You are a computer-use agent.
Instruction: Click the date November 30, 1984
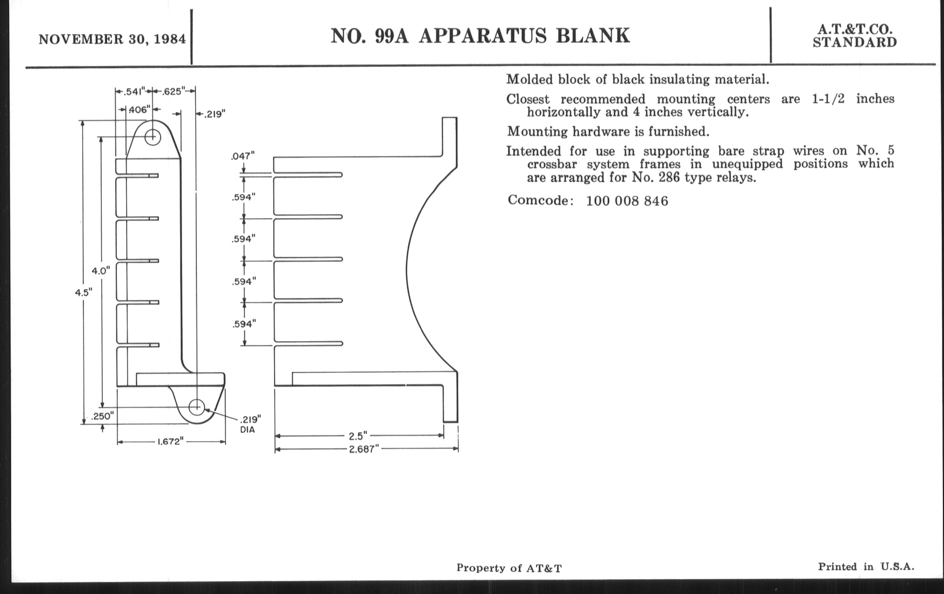(x=112, y=40)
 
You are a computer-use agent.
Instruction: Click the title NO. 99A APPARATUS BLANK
(x=480, y=36)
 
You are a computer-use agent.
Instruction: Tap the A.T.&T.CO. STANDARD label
(x=855, y=36)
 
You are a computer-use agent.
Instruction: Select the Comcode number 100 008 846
(x=627, y=201)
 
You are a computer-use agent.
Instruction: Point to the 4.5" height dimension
(x=83, y=292)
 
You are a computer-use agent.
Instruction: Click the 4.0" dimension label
(x=101, y=271)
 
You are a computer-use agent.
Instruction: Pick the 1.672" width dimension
(x=170, y=441)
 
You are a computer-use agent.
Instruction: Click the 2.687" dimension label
(x=364, y=449)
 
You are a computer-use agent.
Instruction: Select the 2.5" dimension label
(x=358, y=436)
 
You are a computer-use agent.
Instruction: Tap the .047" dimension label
(x=243, y=156)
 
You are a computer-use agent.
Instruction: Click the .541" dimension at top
(x=134, y=91)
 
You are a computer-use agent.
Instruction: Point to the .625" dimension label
(x=173, y=91)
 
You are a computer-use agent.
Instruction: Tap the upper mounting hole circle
(x=153, y=137)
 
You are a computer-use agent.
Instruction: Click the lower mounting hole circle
(x=197, y=407)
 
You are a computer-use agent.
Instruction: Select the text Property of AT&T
(x=509, y=568)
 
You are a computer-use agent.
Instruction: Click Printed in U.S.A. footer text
(x=866, y=566)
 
